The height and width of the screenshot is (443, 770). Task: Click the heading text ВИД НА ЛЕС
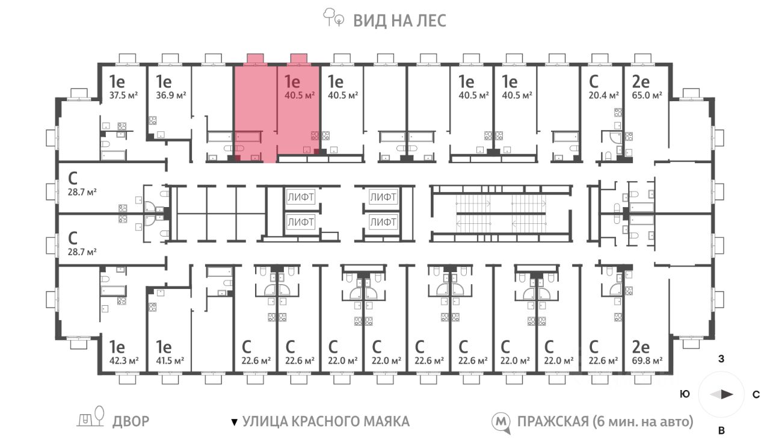click(x=400, y=20)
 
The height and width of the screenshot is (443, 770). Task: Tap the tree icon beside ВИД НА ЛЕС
click(x=333, y=17)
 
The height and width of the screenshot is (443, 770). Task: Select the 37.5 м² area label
click(x=123, y=95)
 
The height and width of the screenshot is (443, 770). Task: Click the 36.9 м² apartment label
click(x=171, y=95)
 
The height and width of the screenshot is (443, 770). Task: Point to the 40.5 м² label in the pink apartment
click(x=300, y=95)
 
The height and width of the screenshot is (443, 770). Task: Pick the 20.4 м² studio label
click(x=603, y=95)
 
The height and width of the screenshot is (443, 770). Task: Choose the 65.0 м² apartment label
click(x=647, y=95)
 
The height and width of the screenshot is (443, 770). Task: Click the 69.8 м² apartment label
click(x=647, y=361)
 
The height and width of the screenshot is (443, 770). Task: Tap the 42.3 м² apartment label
click(x=124, y=361)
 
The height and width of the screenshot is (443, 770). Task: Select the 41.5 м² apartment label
click(x=170, y=361)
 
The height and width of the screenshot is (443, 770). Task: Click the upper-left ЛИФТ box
click(x=300, y=197)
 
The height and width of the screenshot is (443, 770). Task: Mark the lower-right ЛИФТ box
click(x=383, y=222)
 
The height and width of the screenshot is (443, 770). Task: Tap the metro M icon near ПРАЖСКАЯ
click(x=500, y=423)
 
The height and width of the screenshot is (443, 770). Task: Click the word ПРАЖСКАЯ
click(x=553, y=422)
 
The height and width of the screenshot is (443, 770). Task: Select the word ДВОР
click(x=131, y=421)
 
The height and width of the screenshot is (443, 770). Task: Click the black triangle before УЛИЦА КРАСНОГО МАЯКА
click(x=234, y=422)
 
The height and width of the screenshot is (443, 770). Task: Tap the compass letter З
click(x=721, y=359)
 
